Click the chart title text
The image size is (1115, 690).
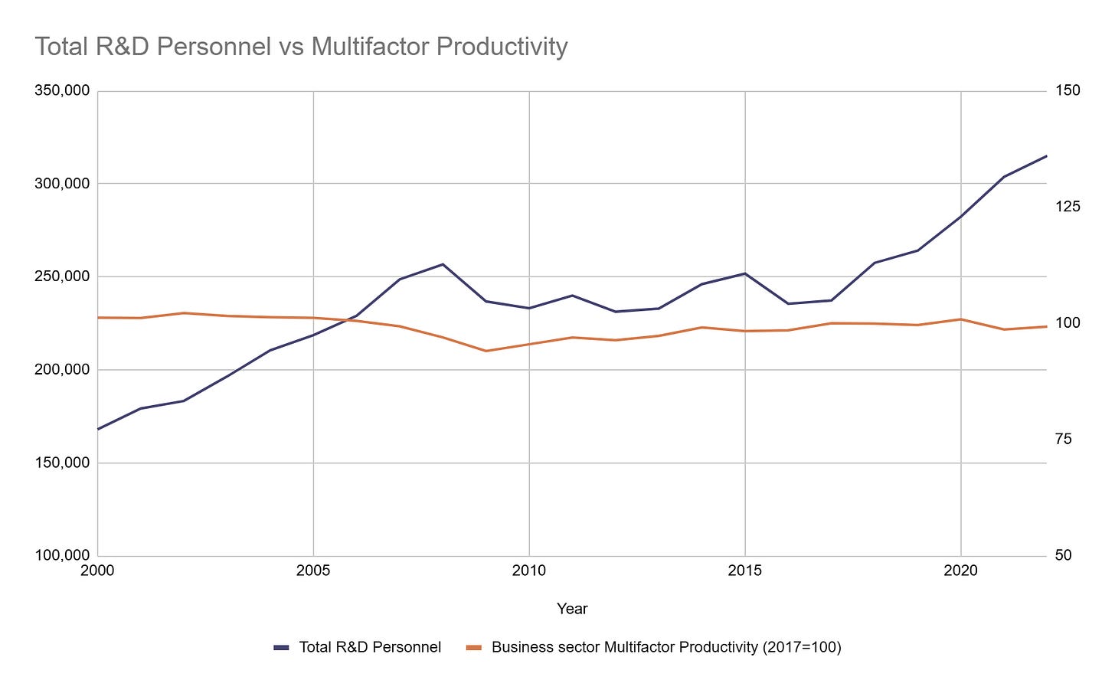pos(301,47)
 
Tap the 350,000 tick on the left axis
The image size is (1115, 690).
pos(62,91)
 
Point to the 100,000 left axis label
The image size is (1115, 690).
pos(62,556)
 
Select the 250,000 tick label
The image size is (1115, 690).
pos(62,276)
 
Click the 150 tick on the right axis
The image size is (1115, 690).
pos(1068,91)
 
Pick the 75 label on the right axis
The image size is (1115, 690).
pos(1064,440)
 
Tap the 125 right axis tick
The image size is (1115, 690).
pos(1068,207)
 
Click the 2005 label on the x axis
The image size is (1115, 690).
pos(313,571)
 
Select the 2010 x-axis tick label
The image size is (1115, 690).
pos(529,571)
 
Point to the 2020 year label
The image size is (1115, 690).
pos(960,571)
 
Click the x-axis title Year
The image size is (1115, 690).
pos(572,609)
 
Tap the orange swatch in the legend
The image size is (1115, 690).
pos(474,648)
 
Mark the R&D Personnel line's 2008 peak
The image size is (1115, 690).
pos(443,264)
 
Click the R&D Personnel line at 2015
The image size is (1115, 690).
pos(745,273)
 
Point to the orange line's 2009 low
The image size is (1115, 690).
pos(486,351)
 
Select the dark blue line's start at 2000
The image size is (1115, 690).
pos(99,429)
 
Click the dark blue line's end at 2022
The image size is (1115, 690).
pos(1045,156)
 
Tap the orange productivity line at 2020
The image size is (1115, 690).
pos(960,319)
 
